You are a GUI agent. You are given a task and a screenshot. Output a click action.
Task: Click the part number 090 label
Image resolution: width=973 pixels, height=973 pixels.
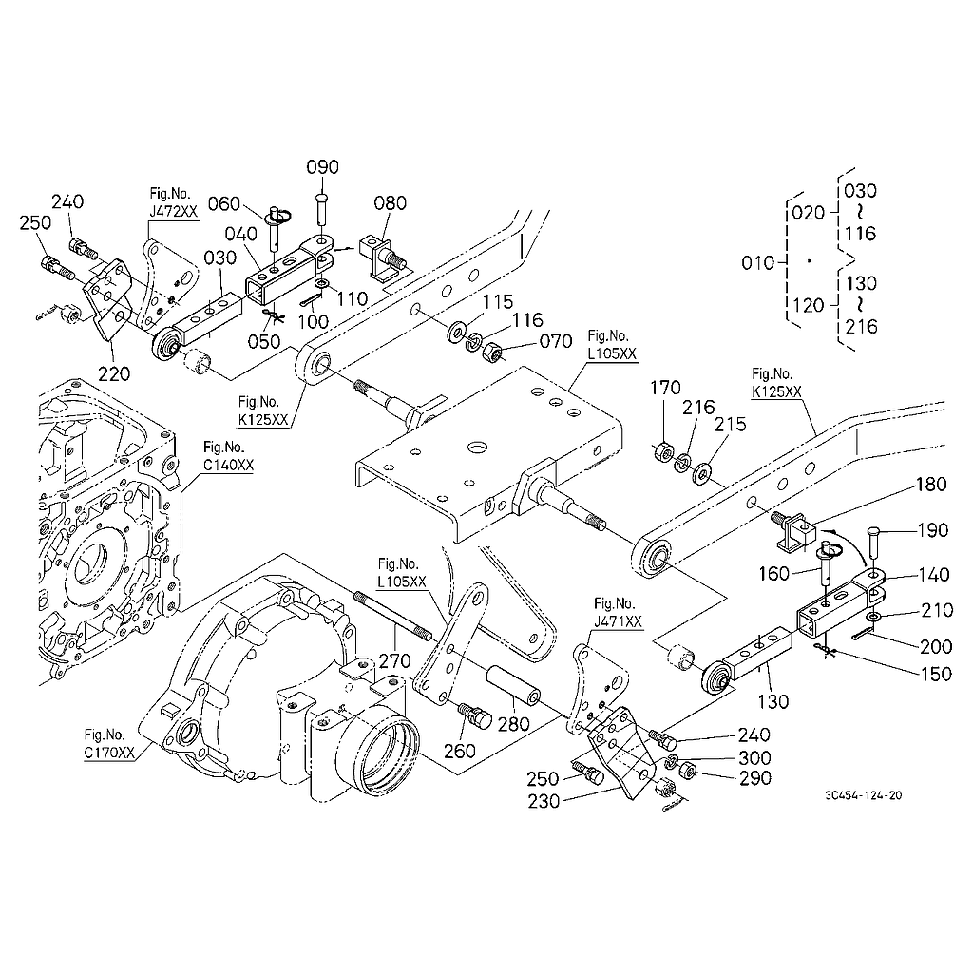[322, 167]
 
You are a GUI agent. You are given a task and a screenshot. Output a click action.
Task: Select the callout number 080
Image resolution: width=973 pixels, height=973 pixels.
[390, 202]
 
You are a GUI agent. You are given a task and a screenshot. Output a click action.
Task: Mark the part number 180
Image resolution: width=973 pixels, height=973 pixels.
[931, 485]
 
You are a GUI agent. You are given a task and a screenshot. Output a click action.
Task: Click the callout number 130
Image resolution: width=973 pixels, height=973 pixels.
[773, 702]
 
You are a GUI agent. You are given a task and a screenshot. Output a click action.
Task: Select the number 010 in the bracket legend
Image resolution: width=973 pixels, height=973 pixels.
[757, 262]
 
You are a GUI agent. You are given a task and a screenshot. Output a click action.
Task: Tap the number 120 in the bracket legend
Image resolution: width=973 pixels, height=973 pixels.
[809, 304]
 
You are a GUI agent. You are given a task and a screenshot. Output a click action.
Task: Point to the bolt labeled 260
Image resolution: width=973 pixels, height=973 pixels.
[474, 715]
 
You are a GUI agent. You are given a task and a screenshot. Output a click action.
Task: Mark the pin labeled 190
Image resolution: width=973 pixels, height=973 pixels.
[875, 544]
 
